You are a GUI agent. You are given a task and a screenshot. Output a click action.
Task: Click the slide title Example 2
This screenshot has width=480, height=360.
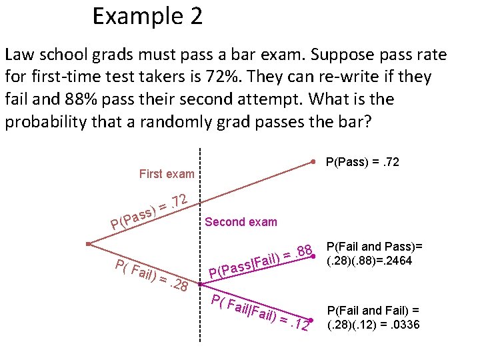point(147,16)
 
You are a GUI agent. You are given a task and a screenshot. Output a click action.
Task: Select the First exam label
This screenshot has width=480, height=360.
point(167,174)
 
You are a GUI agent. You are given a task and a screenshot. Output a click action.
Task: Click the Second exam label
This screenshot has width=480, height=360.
point(241,222)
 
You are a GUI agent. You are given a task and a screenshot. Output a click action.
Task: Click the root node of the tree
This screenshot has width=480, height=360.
point(88,244)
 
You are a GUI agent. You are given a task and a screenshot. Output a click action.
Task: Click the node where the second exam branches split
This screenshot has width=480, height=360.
point(200,285)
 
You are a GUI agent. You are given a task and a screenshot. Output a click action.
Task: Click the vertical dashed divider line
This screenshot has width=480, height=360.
point(200,200)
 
